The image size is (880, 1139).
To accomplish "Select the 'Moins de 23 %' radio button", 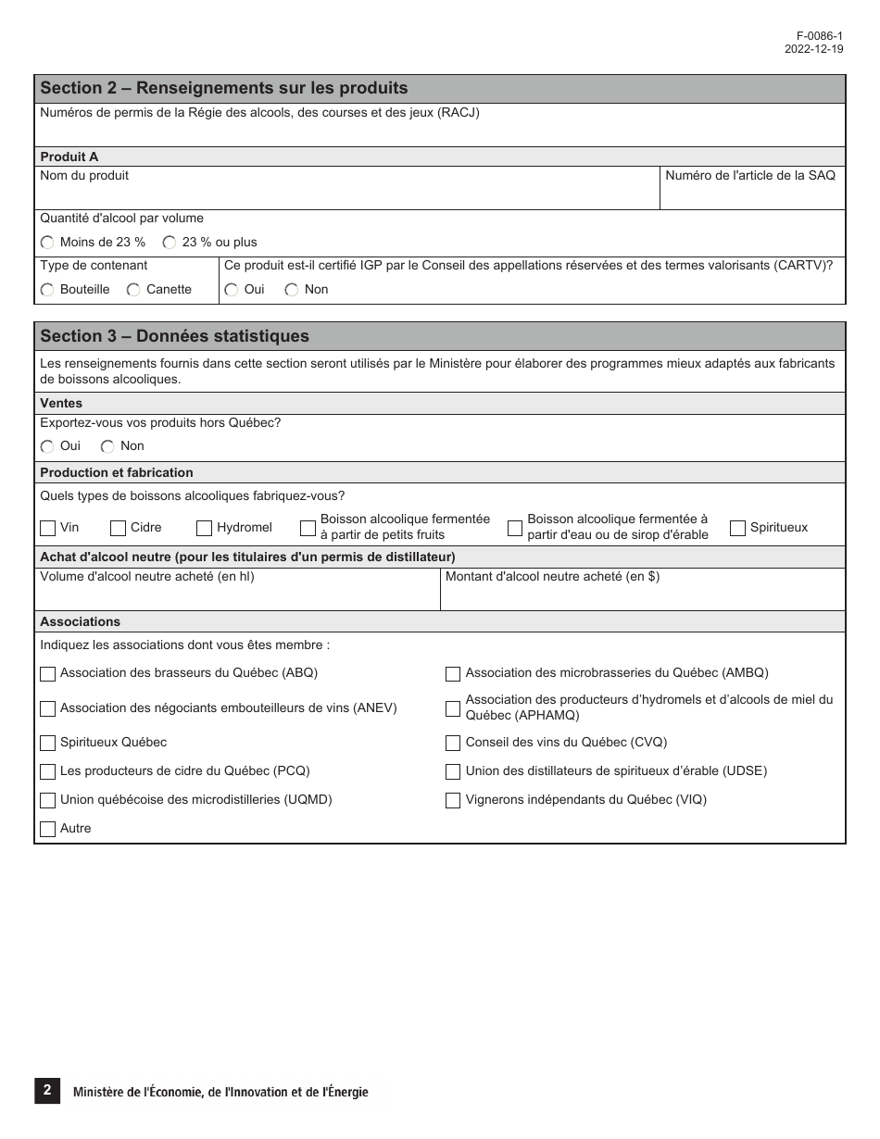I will click(x=47, y=243).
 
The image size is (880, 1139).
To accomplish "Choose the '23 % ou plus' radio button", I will click(x=170, y=243).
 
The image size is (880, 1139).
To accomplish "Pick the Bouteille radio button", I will click(x=47, y=290).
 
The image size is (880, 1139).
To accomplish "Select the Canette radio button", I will click(x=133, y=290).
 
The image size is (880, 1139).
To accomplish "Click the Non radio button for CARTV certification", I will click(x=292, y=290).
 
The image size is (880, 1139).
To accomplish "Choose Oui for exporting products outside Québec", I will click(x=47, y=446).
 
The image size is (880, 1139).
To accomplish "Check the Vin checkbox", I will click(x=48, y=528).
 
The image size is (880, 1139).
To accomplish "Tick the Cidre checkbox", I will click(x=118, y=528).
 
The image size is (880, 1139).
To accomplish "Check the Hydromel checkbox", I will click(x=205, y=528).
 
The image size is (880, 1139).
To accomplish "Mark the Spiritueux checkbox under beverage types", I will click(x=737, y=528).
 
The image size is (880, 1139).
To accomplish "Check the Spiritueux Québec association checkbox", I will click(x=48, y=743).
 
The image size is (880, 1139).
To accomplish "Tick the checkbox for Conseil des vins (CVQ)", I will click(x=453, y=743).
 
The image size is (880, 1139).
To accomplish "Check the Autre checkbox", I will click(x=48, y=829).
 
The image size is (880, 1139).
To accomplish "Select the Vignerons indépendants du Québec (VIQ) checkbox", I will click(x=453, y=800).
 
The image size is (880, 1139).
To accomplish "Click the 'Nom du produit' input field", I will click(x=347, y=194).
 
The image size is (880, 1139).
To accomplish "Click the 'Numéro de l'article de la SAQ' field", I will click(x=752, y=194).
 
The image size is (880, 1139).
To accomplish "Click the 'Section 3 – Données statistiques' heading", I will click(x=175, y=336).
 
